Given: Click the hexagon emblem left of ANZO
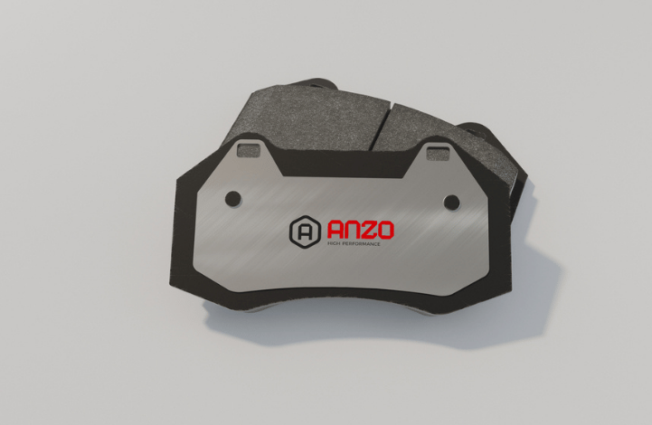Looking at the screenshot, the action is click(306, 232).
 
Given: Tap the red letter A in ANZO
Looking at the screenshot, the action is click(335, 231).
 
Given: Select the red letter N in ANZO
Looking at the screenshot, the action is click(353, 231).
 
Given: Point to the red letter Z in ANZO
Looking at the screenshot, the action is click(368, 231).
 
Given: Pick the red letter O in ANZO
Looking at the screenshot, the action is click(385, 231).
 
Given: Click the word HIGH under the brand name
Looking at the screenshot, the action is click(334, 243).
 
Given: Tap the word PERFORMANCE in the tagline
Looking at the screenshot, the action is click(361, 243).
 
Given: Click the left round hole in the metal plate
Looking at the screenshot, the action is click(233, 199).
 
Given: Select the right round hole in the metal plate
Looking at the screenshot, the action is click(451, 203).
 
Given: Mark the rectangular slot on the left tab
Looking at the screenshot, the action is click(249, 149).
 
